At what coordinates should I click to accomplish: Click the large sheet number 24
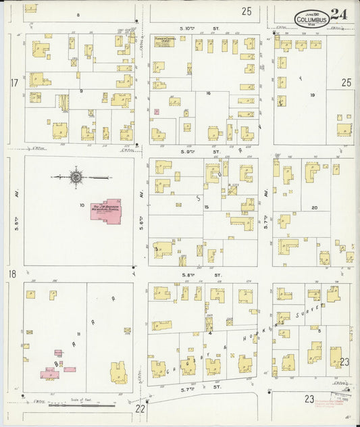point(340,14)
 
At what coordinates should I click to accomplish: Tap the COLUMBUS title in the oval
point(311,20)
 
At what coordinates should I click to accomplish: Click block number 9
point(80,90)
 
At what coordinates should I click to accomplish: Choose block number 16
point(209,93)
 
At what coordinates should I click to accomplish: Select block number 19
point(312,95)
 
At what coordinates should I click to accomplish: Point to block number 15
point(207,206)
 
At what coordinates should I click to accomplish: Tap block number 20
point(313,207)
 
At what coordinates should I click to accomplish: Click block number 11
point(78,334)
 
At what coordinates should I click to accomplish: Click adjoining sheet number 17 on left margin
point(14,83)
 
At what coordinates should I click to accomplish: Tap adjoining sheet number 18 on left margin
point(13,274)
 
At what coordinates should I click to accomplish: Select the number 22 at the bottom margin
point(140,408)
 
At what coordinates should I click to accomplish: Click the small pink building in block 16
point(157,111)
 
